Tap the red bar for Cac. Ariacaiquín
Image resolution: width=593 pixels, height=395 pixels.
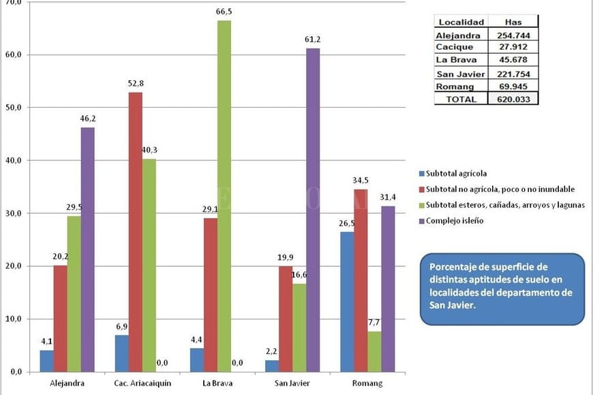tap(136, 232)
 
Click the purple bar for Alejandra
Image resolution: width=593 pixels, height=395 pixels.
tap(87, 249)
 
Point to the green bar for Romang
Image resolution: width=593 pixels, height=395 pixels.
tap(374, 351)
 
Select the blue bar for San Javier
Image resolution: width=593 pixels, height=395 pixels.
tap(272, 366)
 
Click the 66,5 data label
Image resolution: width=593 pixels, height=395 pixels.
tap(224, 12)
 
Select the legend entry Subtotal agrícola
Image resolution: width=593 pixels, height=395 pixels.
tap(455, 172)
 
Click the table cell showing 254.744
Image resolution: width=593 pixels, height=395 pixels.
tap(513, 35)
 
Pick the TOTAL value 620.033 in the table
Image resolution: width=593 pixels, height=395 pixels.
tap(513, 98)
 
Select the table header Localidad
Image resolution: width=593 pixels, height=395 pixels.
tap(461, 22)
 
